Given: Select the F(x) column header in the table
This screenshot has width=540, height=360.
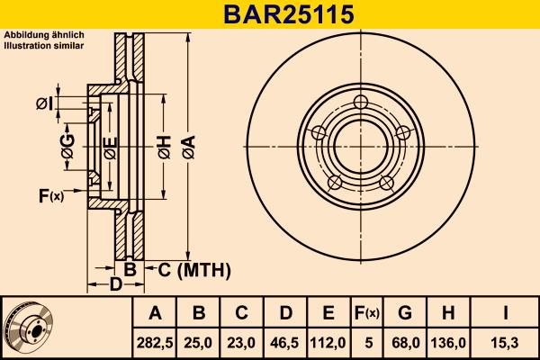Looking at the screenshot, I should pos(366,313).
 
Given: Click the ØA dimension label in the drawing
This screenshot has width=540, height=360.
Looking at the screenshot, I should pos(186,144).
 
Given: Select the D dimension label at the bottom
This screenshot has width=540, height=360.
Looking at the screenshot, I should pos(115,285).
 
